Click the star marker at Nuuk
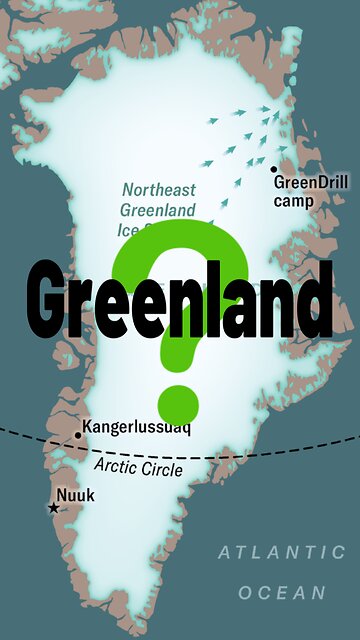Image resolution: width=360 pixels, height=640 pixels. tap(54, 508)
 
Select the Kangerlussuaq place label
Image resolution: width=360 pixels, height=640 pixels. tap(136, 428)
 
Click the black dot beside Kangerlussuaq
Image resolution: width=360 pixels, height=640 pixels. tap(78, 435)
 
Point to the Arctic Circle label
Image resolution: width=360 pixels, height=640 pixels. tap(138, 467)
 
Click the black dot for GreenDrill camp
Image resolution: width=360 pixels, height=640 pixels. tap(273, 168)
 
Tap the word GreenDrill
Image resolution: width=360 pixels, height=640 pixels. tap(307, 183)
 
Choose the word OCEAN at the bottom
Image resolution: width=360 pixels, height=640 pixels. tap(281, 592)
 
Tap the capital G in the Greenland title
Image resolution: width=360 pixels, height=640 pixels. tap(53, 296)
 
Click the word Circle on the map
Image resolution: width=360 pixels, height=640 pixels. tap(163, 469)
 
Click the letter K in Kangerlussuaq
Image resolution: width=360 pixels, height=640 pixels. tap(87, 428)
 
